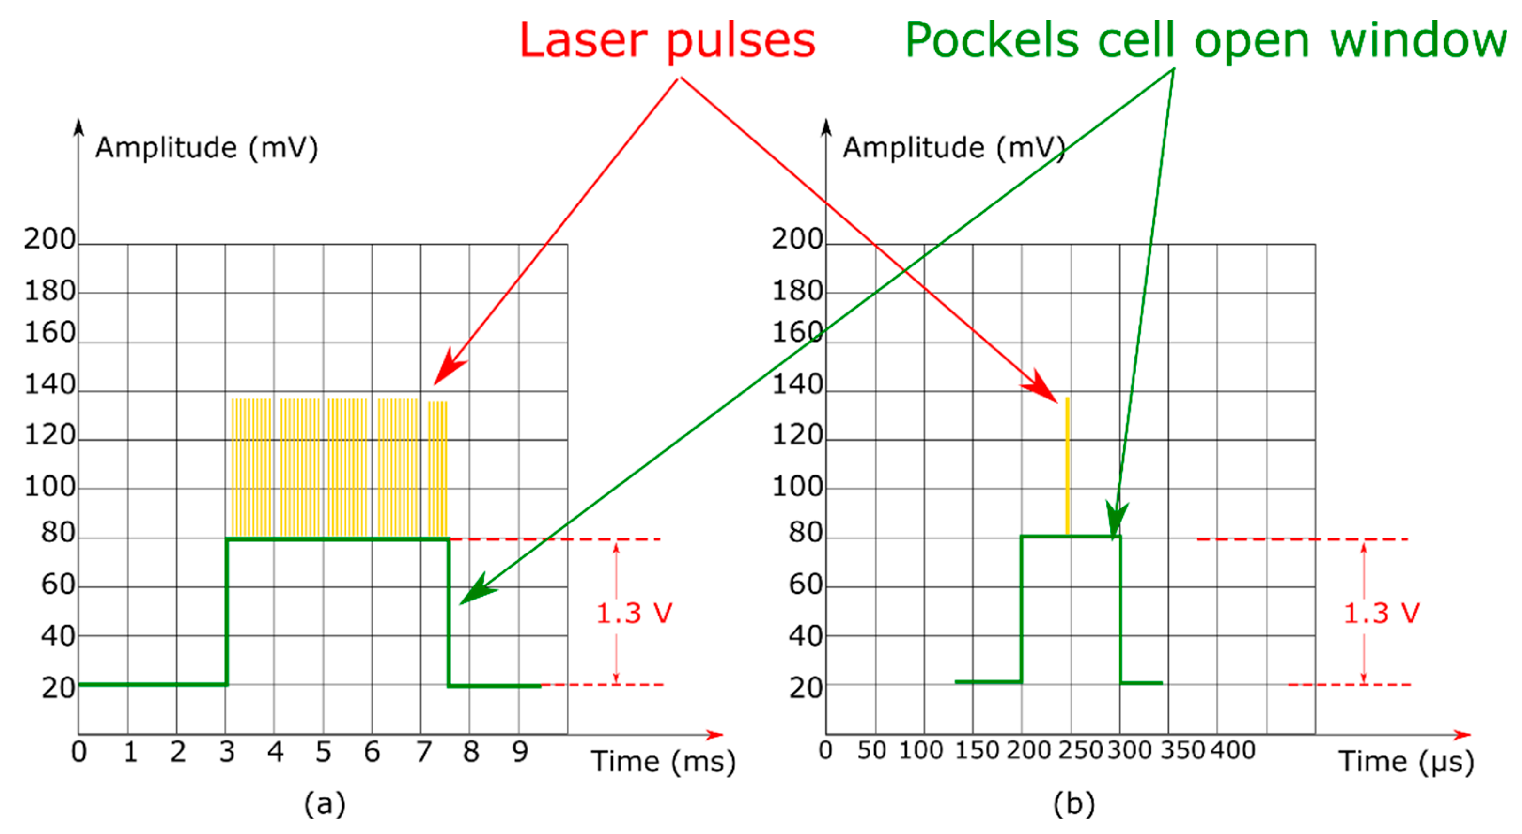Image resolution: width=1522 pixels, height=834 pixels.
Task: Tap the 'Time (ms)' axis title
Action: pos(663,761)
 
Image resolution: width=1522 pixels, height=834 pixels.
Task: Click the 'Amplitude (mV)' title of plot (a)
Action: pos(206,147)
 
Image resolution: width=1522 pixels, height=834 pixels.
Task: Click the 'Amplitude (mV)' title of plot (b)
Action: pos(954,147)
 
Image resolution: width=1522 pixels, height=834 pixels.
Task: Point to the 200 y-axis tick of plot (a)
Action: pos(50,239)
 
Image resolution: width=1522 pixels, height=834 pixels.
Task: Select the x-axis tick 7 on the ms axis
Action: pos(424,752)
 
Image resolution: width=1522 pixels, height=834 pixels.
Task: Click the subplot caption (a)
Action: pos(325,804)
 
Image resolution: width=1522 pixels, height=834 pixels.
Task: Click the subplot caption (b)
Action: pos(1074,804)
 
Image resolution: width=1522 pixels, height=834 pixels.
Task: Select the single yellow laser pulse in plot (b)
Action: pos(1067,467)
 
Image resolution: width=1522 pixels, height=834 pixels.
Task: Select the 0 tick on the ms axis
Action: pos(79,752)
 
